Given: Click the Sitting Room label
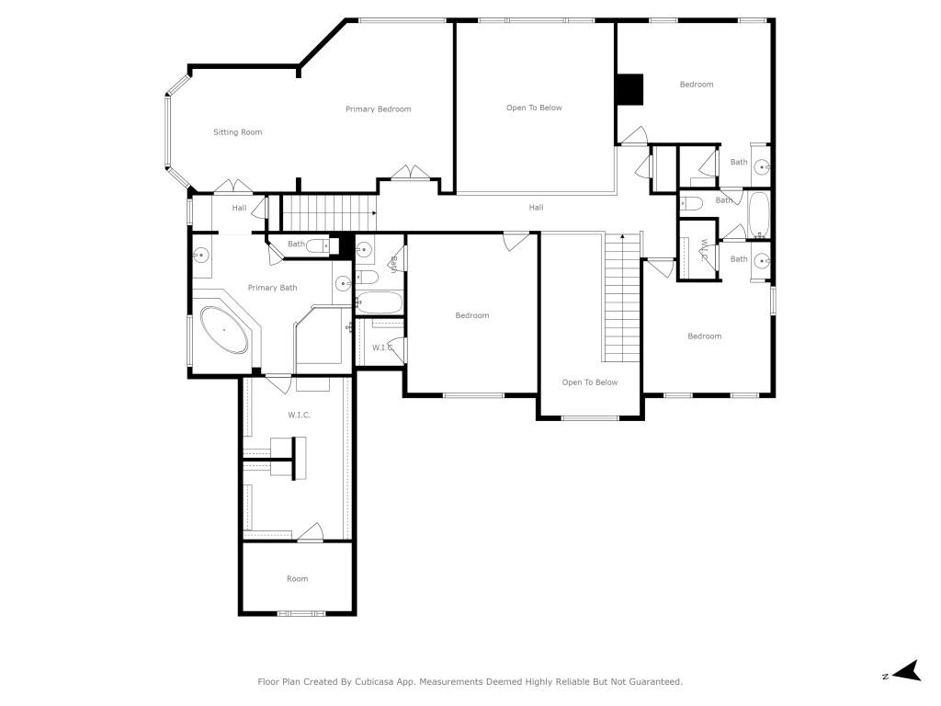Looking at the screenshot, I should (238, 132).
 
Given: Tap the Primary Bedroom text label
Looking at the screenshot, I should (378, 109).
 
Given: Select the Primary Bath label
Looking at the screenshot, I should (272, 288).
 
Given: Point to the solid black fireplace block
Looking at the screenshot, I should (629, 88).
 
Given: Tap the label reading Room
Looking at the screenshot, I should (297, 579).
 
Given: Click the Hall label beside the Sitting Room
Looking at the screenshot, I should (239, 209).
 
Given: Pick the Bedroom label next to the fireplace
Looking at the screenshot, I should (696, 85).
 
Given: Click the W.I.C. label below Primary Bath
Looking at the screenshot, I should (299, 416).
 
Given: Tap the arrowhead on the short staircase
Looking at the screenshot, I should (374, 213).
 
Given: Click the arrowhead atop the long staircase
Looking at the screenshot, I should (623, 237).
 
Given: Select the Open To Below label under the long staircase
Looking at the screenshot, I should (590, 382).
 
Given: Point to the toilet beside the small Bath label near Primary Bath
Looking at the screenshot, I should (318, 245).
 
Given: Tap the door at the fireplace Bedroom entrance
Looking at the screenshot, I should (632, 137).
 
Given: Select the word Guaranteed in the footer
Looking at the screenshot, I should (650, 682).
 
